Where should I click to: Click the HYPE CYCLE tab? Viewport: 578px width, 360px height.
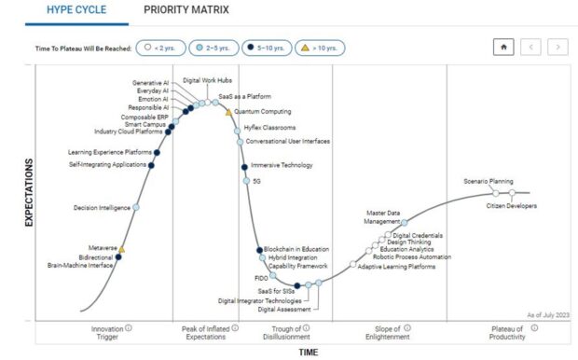[76, 10]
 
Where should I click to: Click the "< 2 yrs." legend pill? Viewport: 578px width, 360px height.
[159, 47]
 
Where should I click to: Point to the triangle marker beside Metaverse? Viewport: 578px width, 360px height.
[121, 249]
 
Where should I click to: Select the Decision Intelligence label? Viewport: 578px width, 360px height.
[102, 207]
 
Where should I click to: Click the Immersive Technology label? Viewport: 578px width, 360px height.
[282, 165]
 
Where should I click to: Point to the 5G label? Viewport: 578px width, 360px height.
[257, 181]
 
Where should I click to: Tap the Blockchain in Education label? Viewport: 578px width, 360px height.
[296, 249]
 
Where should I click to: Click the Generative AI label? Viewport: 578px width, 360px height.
[149, 82]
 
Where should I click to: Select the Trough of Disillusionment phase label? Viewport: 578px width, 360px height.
[284, 333]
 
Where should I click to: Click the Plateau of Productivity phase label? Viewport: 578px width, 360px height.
[514, 333]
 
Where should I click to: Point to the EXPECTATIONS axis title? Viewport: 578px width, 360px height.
[29, 206]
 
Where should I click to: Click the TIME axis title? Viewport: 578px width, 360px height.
[308, 353]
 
